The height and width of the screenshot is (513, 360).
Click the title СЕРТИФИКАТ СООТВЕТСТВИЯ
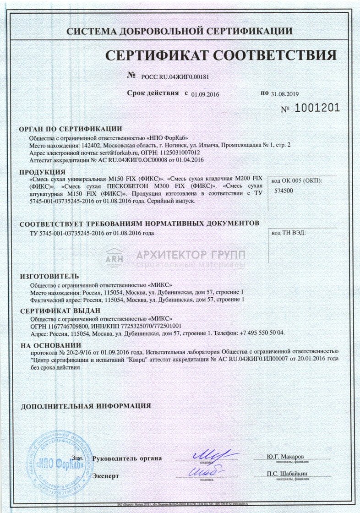click(221, 56)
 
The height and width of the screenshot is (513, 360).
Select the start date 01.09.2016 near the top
click(206, 94)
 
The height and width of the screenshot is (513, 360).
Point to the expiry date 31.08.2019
click(284, 94)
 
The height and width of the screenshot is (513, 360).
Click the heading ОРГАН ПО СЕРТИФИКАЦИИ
click(71, 129)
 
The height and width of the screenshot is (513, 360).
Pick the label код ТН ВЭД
click(289, 233)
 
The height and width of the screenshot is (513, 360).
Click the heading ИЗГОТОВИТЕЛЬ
click(49, 276)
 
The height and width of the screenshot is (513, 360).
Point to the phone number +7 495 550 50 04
click(261, 332)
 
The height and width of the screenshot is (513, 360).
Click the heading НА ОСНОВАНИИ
click(51, 345)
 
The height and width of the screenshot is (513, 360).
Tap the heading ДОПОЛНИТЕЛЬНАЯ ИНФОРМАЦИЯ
click(86, 406)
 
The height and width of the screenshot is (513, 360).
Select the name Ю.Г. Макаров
click(285, 457)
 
